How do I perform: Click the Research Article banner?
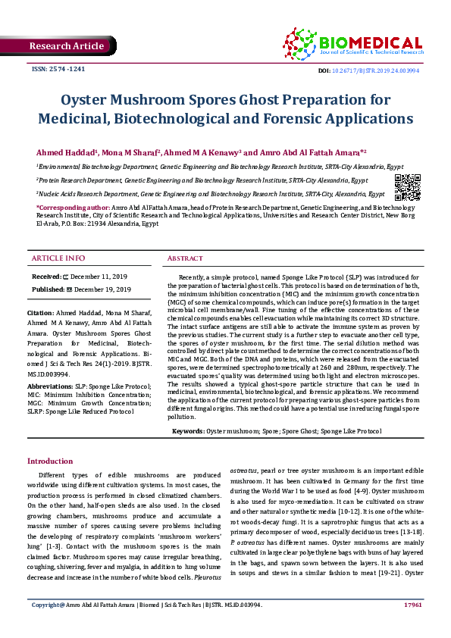pyautogui.click(x=67, y=47)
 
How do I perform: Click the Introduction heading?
pyautogui.click(x=50, y=461)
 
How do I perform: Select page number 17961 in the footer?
pyautogui.click(x=412, y=626)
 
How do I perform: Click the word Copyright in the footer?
pyautogui.click(x=45, y=626)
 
